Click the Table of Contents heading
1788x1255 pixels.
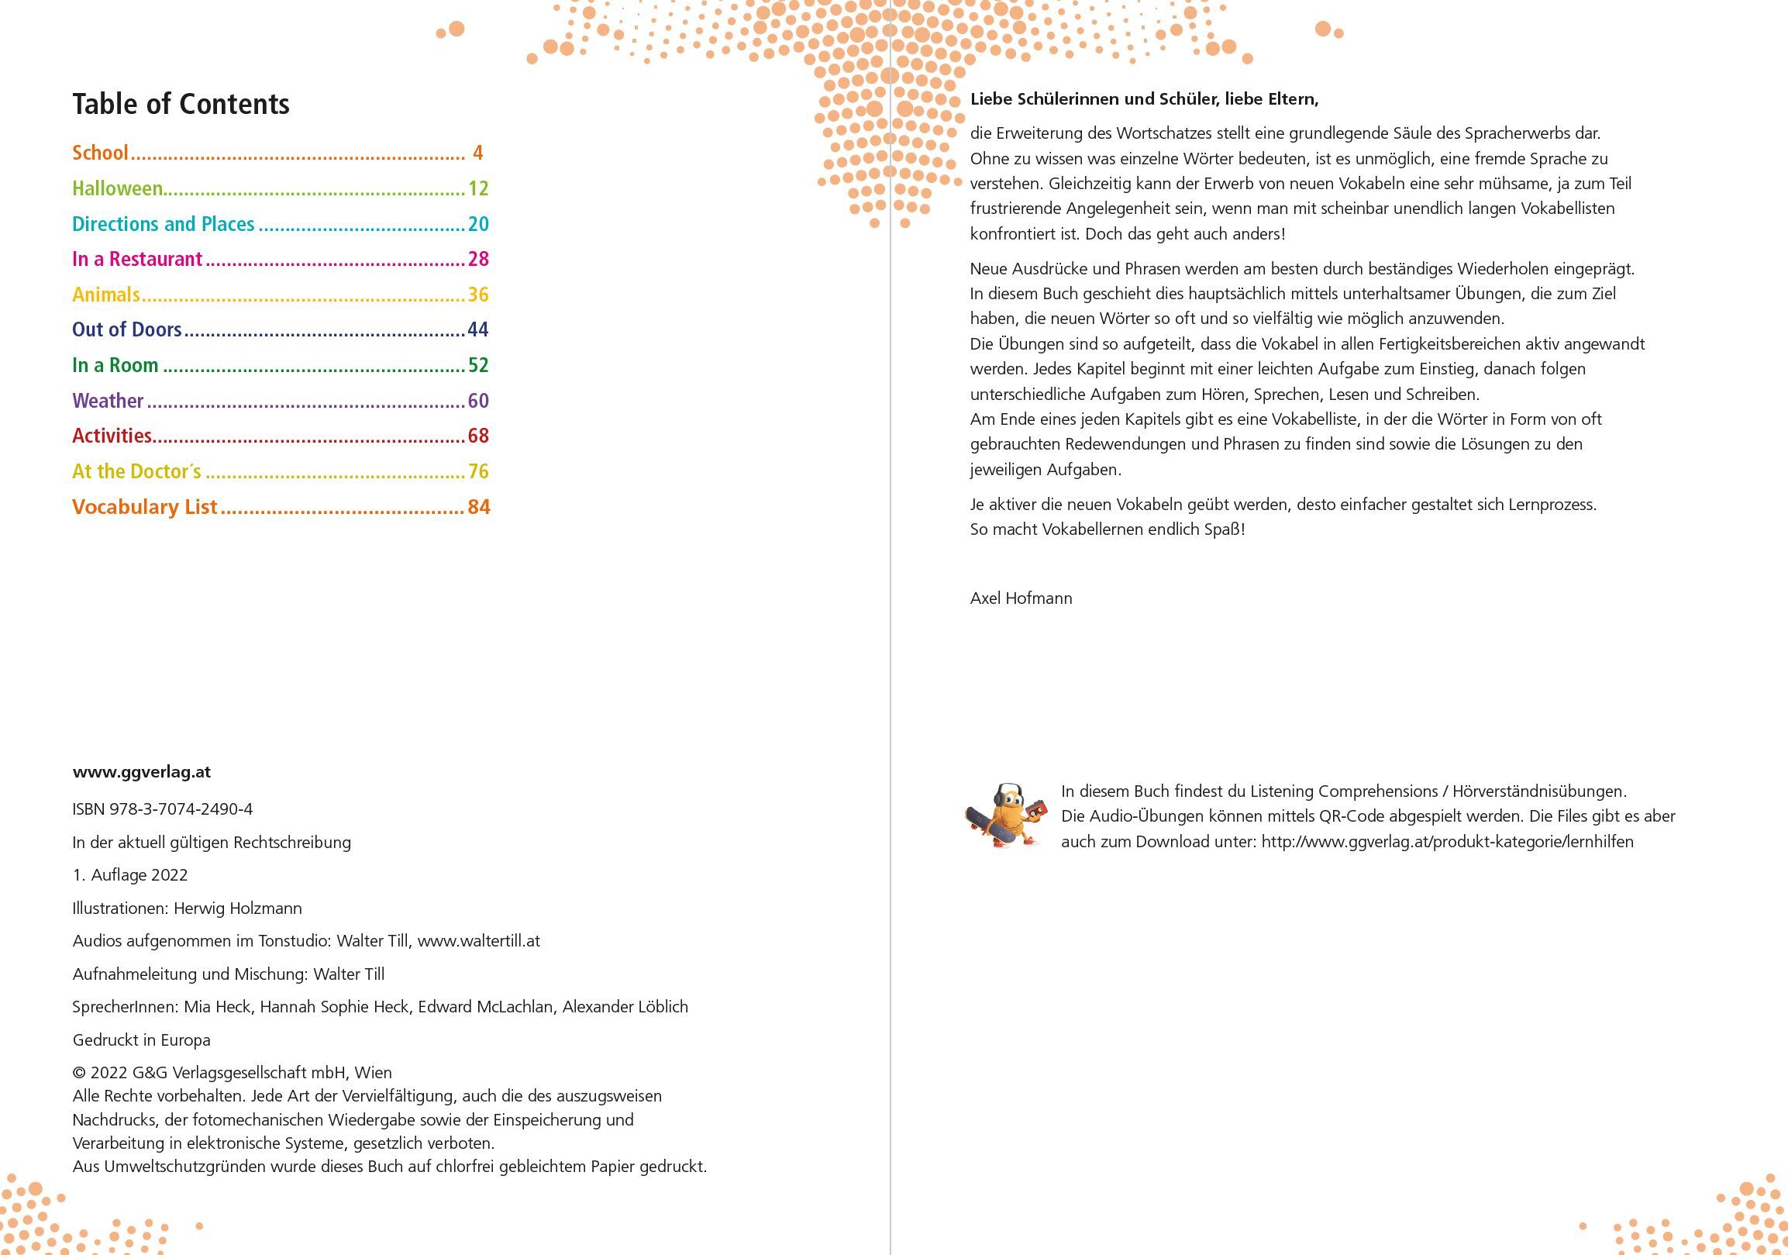click(x=181, y=105)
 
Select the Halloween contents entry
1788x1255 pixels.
click(x=118, y=188)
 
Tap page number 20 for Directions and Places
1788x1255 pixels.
click(x=478, y=224)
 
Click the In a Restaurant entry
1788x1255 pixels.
click(x=137, y=260)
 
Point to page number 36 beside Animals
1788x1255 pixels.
click(x=478, y=295)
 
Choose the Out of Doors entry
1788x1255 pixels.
click(x=127, y=329)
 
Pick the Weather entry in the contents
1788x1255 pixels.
click(x=109, y=401)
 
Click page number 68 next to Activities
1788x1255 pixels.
click(x=478, y=436)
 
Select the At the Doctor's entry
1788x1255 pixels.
click(x=137, y=471)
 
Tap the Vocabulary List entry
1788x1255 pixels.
click(x=145, y=507)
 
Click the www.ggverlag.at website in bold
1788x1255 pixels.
click(x=142, y=772)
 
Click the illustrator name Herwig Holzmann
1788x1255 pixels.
click(x=237, y=908)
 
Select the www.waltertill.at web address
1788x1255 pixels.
click(x=478, y=941)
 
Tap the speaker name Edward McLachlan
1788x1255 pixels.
click(x=485, y=1007)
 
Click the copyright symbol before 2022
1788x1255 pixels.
click(x=78, y=1073)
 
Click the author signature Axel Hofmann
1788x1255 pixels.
click(x=1021, y=598)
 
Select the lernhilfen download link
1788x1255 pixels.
click(x=1447, y=842)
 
